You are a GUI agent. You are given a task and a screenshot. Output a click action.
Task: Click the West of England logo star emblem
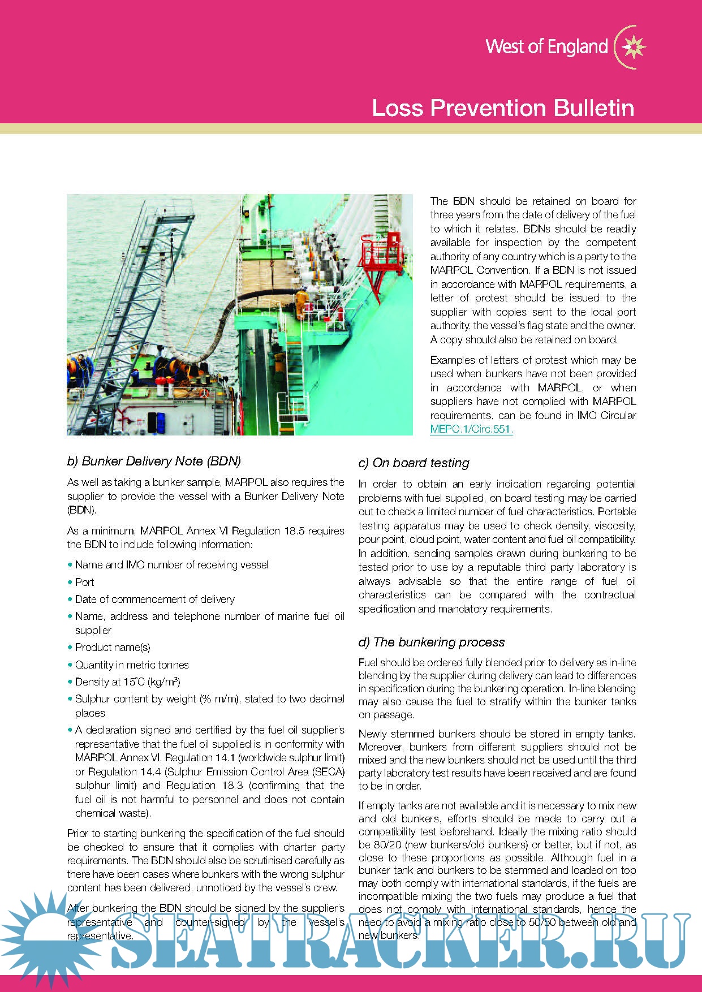tap(634, 46)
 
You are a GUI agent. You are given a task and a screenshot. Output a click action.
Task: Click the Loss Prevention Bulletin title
tap(503, 107)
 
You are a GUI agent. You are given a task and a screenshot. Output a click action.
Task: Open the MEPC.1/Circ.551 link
tap(471, 429)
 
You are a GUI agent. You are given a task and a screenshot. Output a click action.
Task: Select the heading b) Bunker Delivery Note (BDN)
tap(154, 461)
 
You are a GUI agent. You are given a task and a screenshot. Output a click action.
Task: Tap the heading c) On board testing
tap(414, 463)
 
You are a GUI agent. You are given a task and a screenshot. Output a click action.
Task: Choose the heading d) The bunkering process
tap(431, 642)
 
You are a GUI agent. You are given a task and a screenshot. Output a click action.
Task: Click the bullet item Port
tap(84, 582)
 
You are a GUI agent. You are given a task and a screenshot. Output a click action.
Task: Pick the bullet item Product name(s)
tap(113, 647)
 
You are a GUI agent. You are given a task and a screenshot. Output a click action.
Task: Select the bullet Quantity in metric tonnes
tap(132, 665)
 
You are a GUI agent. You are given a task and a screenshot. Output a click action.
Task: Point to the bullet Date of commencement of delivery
tap(154, 599)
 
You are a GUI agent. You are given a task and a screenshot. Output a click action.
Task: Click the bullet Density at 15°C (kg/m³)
tap(127, 682)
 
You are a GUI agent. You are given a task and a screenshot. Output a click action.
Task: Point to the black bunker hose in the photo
tap(226, 328)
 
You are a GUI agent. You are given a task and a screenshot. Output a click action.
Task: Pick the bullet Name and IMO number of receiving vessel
tap(171, 564)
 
